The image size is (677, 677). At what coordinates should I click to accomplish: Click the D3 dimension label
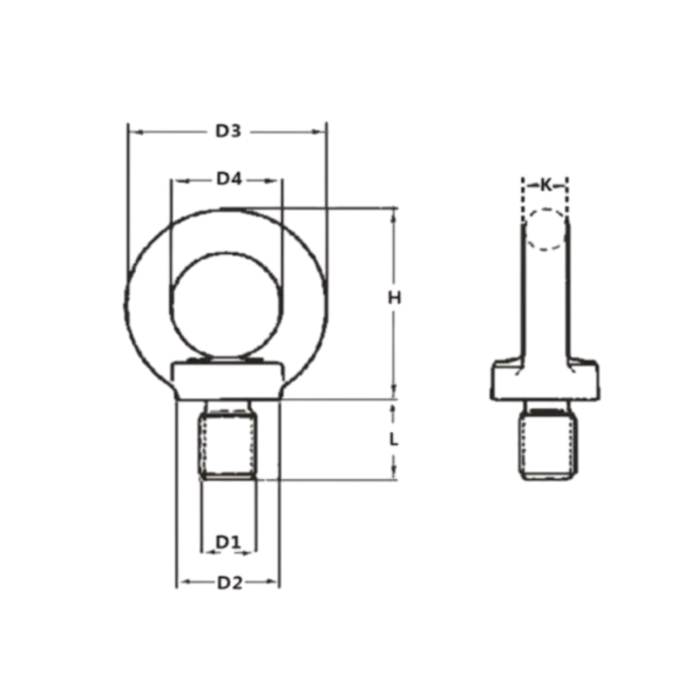(x=228, y=131)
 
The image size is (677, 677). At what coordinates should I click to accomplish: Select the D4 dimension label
(x=228, y=179)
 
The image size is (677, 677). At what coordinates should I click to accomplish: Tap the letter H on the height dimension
(x=394, y=297)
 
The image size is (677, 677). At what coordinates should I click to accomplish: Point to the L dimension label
(x=394, y=439)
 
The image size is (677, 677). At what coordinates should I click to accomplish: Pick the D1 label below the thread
(x=228, y=543)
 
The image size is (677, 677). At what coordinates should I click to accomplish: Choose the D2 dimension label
(x=228, y=583)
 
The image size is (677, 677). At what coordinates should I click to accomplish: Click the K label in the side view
(x=546, y=185)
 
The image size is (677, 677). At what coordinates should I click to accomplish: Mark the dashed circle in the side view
(x=546, y=229)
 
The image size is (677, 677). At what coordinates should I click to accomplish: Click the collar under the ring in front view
(x=228, y=380)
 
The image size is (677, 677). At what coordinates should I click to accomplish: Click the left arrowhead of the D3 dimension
(x=131, y=131)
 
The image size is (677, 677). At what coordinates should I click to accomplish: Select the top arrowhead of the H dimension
(x=394, y=213)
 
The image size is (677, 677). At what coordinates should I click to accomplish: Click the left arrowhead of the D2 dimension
(x=181, y=583)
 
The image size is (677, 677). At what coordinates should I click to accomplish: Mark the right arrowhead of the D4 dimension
(x=278, y=179)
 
